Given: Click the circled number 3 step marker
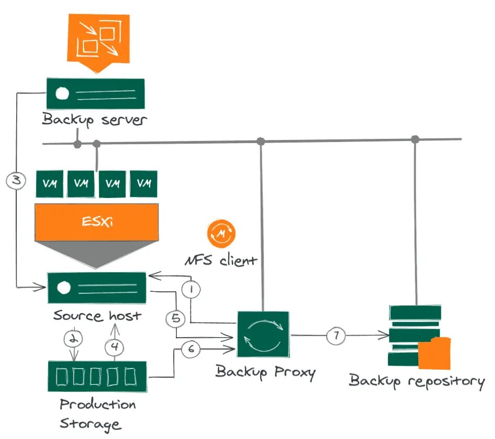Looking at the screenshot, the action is [x=16, y=180].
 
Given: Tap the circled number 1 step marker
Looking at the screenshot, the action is [x=191, y=289].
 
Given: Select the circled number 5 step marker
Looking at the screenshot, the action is [x=176, y=318].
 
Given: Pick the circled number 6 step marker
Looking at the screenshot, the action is [x=191, y=349].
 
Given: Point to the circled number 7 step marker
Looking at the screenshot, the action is [x=336, y=336].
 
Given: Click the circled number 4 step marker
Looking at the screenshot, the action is [x=114, y=347].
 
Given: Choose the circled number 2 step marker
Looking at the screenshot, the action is [x=74, y=339].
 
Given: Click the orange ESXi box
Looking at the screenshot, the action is [x=96, y=222].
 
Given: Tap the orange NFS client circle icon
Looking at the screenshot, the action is [x=221, y=233].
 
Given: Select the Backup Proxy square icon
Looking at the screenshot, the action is [x=263, y=335].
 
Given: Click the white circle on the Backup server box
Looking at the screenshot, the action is [x=62, y=93].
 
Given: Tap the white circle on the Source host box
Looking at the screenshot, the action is [x=64, y=288].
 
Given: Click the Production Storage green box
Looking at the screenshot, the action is [x=97, y=377].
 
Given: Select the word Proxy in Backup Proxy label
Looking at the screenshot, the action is [x=295, y=373].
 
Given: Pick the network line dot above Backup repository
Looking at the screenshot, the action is [x=415, y=139].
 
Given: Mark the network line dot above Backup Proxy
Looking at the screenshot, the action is [x=260, y=141].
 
